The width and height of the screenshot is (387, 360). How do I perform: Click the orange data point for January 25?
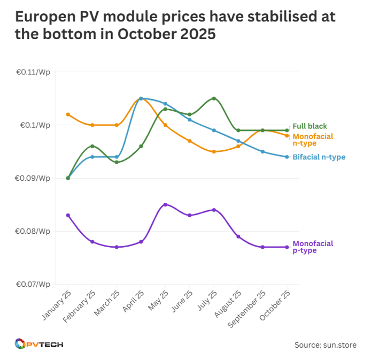[x=68, y=114]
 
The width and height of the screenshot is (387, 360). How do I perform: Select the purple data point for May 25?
[x=165, y=204]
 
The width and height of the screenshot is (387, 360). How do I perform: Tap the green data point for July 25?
[x=214, y=98]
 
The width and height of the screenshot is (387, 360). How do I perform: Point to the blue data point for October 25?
[x=287, y=157]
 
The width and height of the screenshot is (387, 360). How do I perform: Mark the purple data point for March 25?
[x=117, y=247]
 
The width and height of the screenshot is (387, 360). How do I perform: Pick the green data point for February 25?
[x=92, y=146]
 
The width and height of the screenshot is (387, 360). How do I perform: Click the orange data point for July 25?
[x=214, y=151]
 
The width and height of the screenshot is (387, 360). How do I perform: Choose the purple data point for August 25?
[x=238, y=236]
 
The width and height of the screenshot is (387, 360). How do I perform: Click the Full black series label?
[x=309, y=126]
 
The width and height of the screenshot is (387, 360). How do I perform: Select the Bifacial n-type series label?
[x=319, y=157]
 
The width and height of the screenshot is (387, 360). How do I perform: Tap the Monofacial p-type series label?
[x=313, y=247]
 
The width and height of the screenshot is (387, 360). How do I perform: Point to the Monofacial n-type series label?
[x=313, y=140]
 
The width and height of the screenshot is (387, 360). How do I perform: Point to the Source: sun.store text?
[x=325, y=345]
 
